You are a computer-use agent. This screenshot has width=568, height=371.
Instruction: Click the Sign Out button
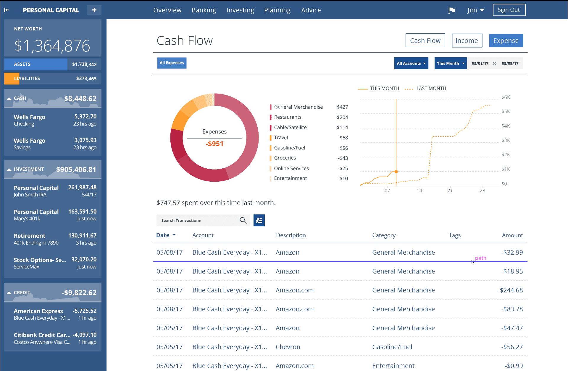[x=509, y=10]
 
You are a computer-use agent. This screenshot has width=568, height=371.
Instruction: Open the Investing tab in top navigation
[x=240, y=10]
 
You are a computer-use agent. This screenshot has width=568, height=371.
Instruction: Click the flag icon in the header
[x=451, y=10]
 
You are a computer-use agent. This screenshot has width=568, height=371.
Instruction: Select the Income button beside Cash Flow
[x=467, y=40]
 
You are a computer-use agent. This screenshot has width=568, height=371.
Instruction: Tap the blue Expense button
[x=506, y=40]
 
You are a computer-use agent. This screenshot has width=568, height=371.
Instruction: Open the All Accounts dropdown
[x=411, y=63]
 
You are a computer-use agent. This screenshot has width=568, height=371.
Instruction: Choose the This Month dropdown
[x=450, y=63]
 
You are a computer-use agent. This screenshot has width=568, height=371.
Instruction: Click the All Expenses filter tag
[x=172, y=63]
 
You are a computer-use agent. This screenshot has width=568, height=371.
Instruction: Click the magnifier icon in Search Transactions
[x=243, y=220]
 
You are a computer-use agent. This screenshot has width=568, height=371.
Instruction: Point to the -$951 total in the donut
[x=214, y=144]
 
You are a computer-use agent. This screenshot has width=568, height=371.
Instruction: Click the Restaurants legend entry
[x=288, y=117]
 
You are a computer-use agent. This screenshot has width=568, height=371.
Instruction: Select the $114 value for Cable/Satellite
[x=342, y=127]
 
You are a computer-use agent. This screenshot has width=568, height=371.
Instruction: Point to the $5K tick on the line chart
[x=505, y=111]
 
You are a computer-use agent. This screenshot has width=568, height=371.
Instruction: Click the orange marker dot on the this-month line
[x=396, y=172]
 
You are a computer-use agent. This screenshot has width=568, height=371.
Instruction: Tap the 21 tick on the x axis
[x=450, y=191]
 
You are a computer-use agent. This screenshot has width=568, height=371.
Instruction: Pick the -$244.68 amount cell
[x=510, y=290]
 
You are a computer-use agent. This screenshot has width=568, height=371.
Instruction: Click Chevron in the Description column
[x=288, y=347]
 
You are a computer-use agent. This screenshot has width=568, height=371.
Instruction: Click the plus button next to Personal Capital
[x=94, y=10]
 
